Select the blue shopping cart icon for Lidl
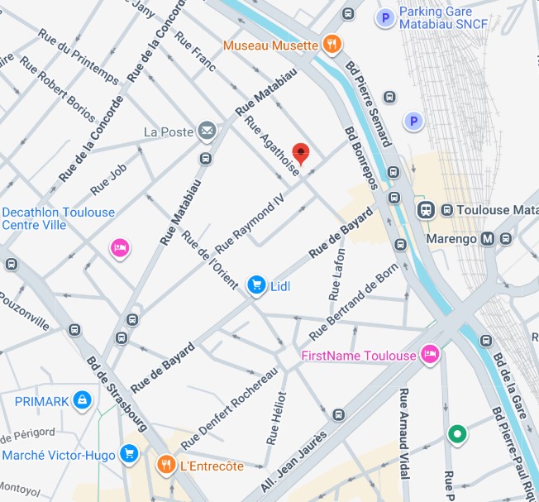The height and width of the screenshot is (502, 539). point(256,285)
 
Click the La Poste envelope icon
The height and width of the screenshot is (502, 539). point(206,131)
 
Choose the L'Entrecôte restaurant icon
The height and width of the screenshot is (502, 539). point(166,466)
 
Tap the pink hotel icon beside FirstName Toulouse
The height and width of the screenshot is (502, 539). point(429,355)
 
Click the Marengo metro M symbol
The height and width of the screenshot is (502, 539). point(487,239)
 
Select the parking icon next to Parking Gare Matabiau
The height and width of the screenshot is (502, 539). point(384,17)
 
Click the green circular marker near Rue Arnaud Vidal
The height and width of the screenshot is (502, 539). point(456,433)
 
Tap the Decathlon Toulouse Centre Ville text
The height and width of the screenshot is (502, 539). point(58,218)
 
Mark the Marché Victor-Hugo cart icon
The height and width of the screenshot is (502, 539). point(128,454)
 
